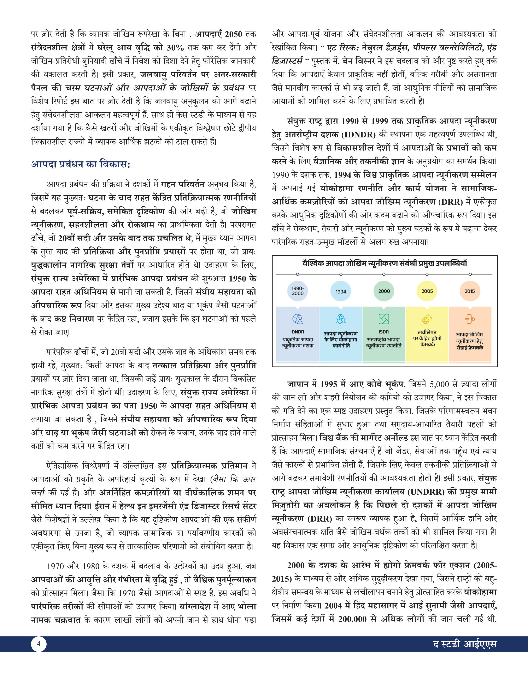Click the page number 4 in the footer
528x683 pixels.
pos(39,644)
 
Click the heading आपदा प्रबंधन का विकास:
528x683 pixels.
pos(81,164)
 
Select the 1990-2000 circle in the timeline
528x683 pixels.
pos(298,291)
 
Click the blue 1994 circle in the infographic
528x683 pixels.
pos(341,291)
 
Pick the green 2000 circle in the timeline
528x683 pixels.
pos(384,291)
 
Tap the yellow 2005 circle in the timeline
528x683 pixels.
pos(427,291)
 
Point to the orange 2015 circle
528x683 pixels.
pos(470,291)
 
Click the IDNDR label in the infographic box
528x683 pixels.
pos(297,332)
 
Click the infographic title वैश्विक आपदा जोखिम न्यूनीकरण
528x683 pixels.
pos(384,263)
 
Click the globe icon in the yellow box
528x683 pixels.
pos(427,319)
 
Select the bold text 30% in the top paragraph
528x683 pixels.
pos(175,48)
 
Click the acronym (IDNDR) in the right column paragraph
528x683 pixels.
pos(358,135)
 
